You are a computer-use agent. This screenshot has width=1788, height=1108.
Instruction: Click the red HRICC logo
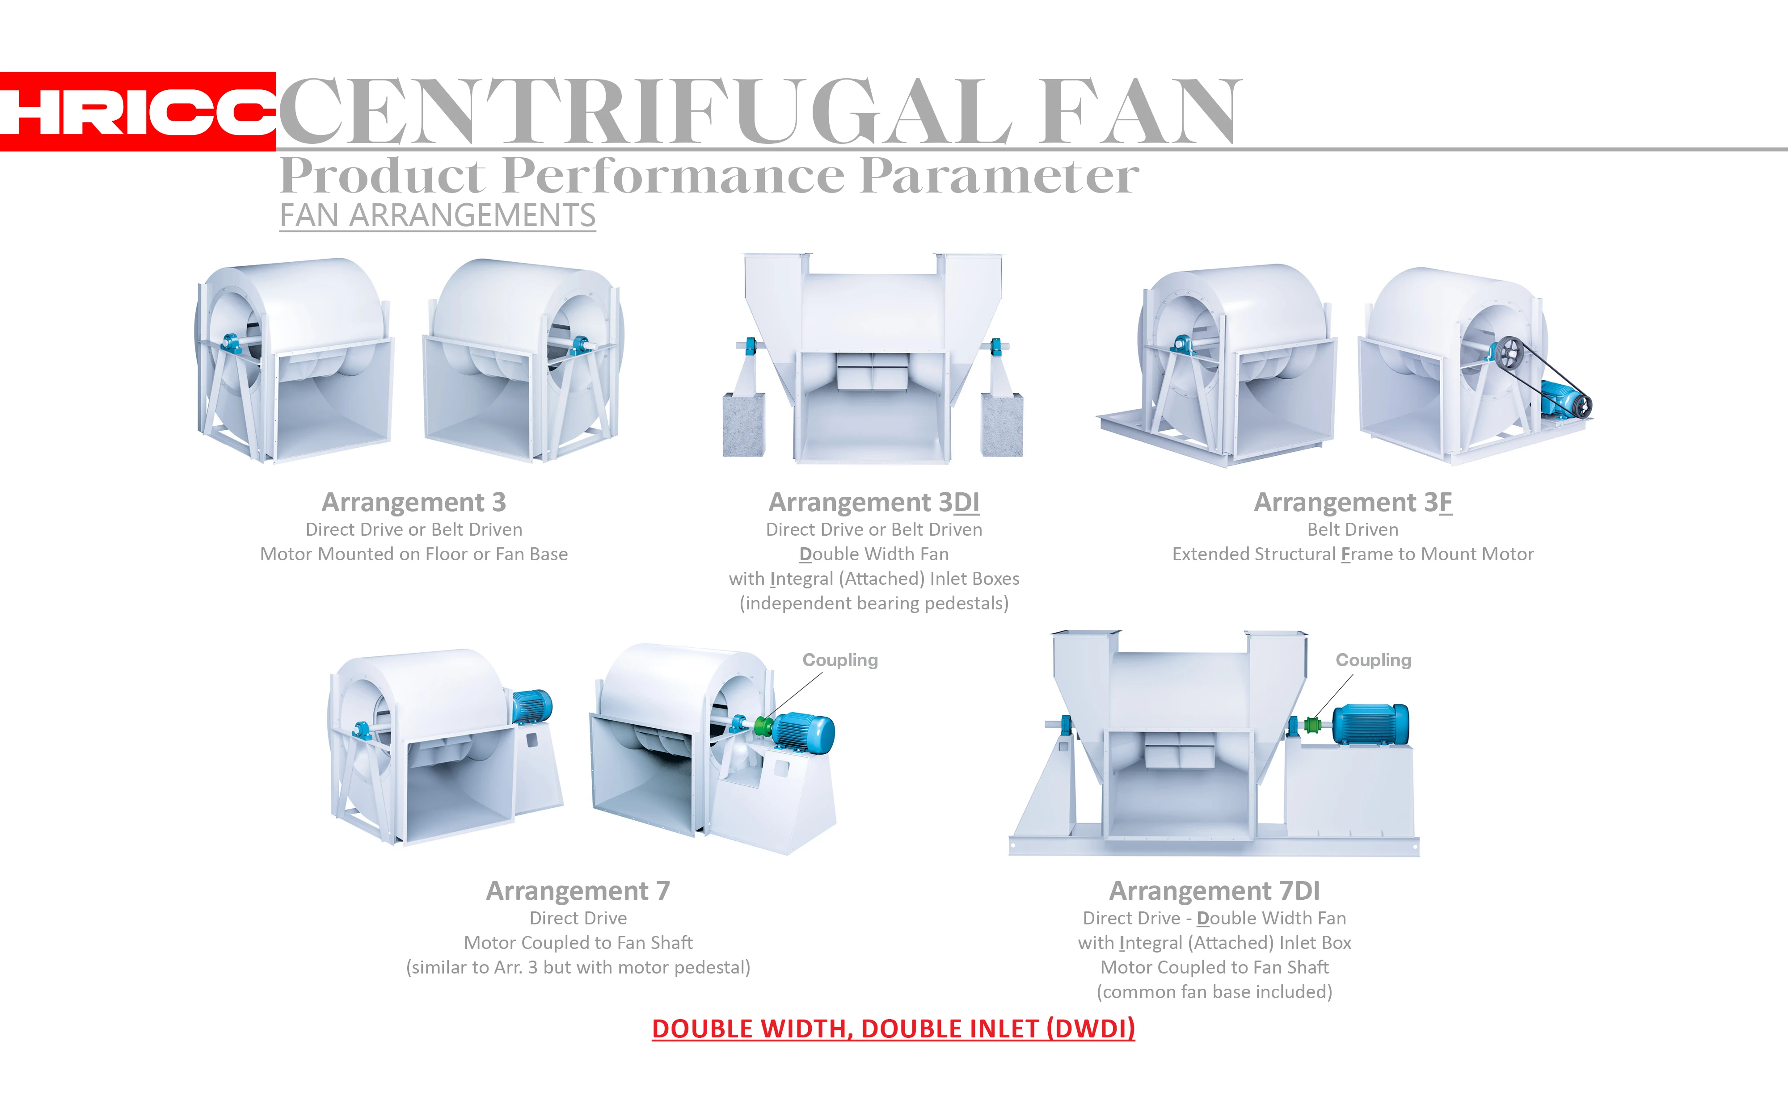click(138, 111)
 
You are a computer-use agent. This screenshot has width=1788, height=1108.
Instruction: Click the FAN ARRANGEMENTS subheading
click(438, 215)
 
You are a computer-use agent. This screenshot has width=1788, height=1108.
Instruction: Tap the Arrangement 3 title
click(414, 502)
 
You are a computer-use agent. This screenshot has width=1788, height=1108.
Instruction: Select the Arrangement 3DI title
click(874, 502)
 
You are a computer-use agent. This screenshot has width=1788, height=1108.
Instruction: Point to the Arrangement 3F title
click(1353, 502)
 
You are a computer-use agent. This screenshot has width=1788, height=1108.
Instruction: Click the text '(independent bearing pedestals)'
click(874, 603)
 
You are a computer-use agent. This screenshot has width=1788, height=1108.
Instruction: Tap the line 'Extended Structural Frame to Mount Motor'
click(1353, 554)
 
